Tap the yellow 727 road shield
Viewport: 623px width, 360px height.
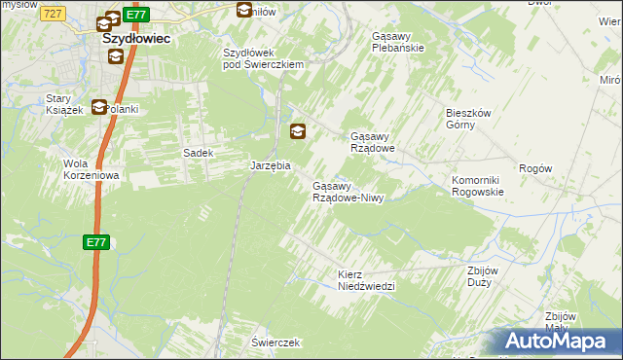point(54,13)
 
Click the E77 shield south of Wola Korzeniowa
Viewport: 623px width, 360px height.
point(94,243)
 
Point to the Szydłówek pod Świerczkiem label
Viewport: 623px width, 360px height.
point(264,58)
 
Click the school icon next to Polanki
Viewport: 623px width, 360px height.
point(99,108)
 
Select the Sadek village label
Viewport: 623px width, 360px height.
point(199,153)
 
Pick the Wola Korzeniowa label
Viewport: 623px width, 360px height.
point(91,169)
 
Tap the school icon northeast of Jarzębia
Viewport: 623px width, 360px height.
point(298,130)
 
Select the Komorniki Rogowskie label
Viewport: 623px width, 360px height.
point(477,187)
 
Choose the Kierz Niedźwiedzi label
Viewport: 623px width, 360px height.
point(365,280)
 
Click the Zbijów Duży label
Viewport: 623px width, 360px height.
point(482,275)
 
